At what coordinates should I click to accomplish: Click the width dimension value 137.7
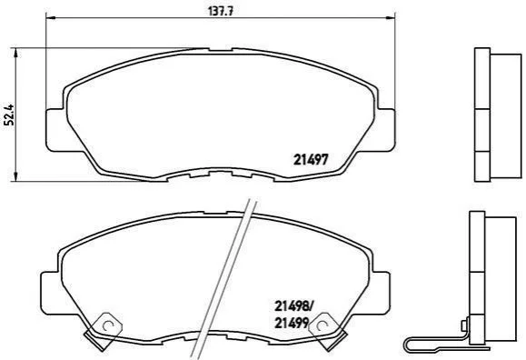[221, 11]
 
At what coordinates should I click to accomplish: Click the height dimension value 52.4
[10, 115]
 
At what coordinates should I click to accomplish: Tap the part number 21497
[311, 159]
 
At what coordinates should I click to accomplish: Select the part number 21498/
[293, 306]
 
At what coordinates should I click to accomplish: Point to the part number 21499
[292, 323]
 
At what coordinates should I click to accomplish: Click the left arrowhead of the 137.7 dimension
[50, 17]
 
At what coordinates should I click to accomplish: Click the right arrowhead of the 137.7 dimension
[391, 17]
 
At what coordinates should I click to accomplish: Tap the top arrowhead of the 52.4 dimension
[15, 53]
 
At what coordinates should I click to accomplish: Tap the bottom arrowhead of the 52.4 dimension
[15, 176]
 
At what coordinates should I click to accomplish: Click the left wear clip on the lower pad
[104, 331]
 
